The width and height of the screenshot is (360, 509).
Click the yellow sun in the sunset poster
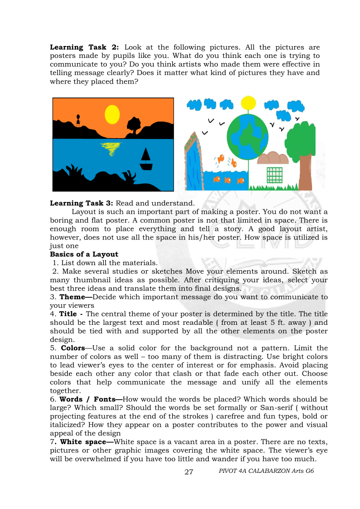coord(112,114)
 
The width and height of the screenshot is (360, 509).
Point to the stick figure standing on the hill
coord(78,120)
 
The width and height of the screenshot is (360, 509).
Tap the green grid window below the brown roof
coord(275,175)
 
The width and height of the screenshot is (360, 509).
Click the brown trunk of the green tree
coord(305,172)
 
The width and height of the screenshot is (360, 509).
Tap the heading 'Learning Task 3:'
coord(82,203)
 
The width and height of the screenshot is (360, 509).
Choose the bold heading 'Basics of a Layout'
coord(84,254)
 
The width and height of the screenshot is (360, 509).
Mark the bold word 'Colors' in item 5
coord(73,348)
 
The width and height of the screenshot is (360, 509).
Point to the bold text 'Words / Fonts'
coord(90,399)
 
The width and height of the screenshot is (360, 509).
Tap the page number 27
coord(189,472)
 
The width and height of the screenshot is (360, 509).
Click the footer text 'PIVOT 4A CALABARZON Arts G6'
coord(266,471)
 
